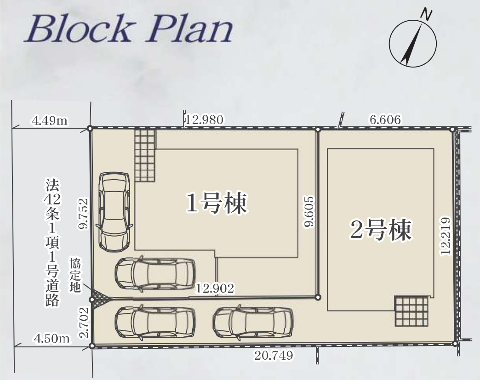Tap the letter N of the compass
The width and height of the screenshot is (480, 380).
[428, 15]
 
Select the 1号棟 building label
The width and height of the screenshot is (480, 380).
[217, 203]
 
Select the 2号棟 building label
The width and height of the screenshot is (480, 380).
[380, 230]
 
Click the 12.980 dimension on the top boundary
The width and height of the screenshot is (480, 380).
[205, 120]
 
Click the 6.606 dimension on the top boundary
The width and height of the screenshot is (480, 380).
[385, 120]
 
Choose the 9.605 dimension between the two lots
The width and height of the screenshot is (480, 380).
[309, 211]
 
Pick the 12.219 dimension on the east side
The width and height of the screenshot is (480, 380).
[445, 235]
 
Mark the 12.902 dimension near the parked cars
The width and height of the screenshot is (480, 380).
[215, 289]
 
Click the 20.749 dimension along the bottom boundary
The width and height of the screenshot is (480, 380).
[274, 355]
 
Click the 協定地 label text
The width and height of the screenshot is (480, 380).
[75, 275]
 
